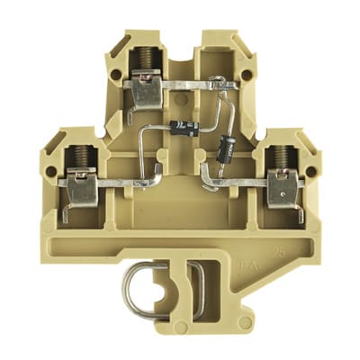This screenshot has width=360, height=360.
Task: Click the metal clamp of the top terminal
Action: click(143, 91)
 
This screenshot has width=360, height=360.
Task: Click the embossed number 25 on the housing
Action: click(283, 264)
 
